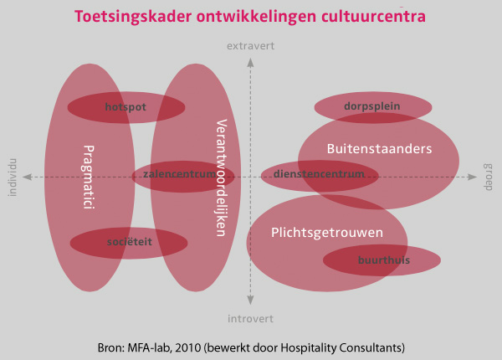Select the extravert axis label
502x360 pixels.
(x=250, y=47)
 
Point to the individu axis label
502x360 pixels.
(x=12, y=177)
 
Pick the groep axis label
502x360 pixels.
(x=489, y=177)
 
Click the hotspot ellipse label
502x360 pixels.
(x=125, y=107)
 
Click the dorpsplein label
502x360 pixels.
(x=371, y=106)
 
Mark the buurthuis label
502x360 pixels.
(x=383, y=260)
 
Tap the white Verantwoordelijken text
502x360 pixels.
(x=222, y=177)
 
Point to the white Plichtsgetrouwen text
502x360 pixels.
(x=327, y=232)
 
